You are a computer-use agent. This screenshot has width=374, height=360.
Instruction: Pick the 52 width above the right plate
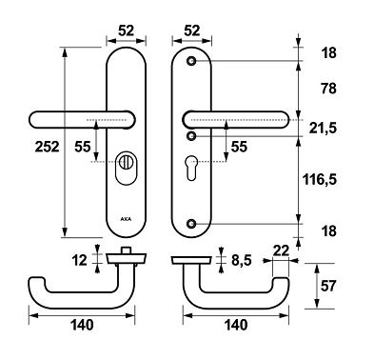[x=193, y=30]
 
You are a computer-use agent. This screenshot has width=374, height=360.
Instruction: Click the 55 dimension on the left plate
[x=83, y=147]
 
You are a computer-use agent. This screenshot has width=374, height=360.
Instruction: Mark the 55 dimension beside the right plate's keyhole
[x=238, y=147]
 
